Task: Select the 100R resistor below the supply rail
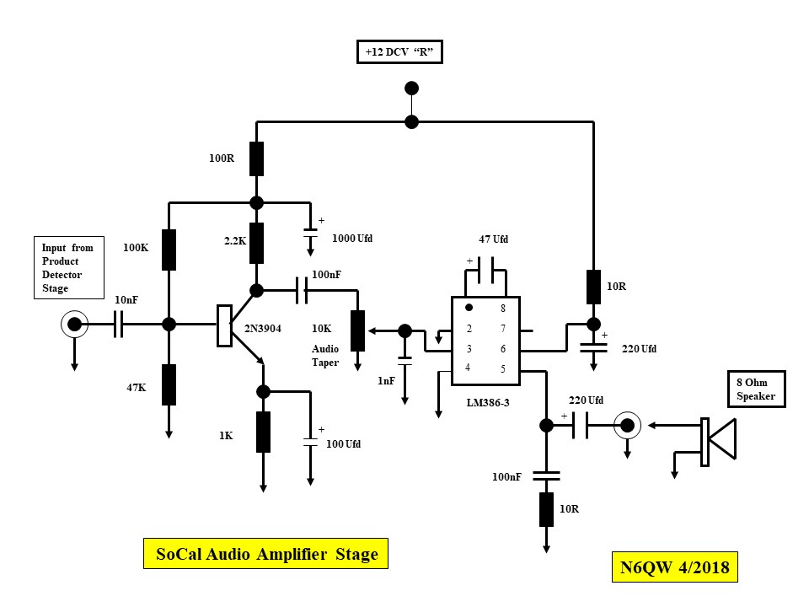pos(257,158)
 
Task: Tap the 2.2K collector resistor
pos(257,243)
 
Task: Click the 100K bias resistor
pos(169,249)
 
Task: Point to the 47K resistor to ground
pos(169,384)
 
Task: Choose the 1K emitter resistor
pos(263,432)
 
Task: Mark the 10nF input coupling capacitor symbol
pos(119,324)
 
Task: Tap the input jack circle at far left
pos(75,324)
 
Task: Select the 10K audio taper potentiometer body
pos(357,330)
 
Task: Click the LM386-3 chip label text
pos(488,402)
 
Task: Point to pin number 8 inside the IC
pos(503,309)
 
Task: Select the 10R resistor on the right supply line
pos(593,287)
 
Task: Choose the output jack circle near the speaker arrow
pos(626,425)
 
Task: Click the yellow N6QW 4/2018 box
pos(676,567)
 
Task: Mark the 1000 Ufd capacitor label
pos(352,239)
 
